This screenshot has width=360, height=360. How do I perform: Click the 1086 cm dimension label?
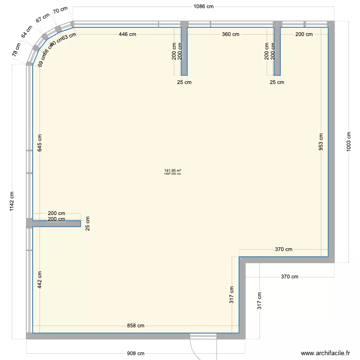coord(203,6)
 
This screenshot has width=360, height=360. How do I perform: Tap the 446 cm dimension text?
coord(130,34)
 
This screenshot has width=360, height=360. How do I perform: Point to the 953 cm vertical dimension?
coord(321,141)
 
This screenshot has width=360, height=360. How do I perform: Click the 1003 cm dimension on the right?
coord(349,141)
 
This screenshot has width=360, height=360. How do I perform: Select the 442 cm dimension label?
coord(40,279)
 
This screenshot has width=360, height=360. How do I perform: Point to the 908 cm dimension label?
coord(135,354)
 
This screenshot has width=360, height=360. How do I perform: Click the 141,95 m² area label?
coord(172,170)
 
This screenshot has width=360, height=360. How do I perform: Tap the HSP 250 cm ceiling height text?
coord(172,174)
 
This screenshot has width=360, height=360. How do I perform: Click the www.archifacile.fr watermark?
coord(325,353)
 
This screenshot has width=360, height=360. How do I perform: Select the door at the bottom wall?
coord(202,336)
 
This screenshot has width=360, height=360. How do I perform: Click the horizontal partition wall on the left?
coord(55,224)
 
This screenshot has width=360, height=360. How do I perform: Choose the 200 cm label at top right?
coord(304,34)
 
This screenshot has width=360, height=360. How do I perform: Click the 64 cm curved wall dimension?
coord(26,32)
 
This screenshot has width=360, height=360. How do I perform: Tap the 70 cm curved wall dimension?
coord(60,11)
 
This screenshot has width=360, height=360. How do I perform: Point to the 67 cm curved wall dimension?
coord(42,19)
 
